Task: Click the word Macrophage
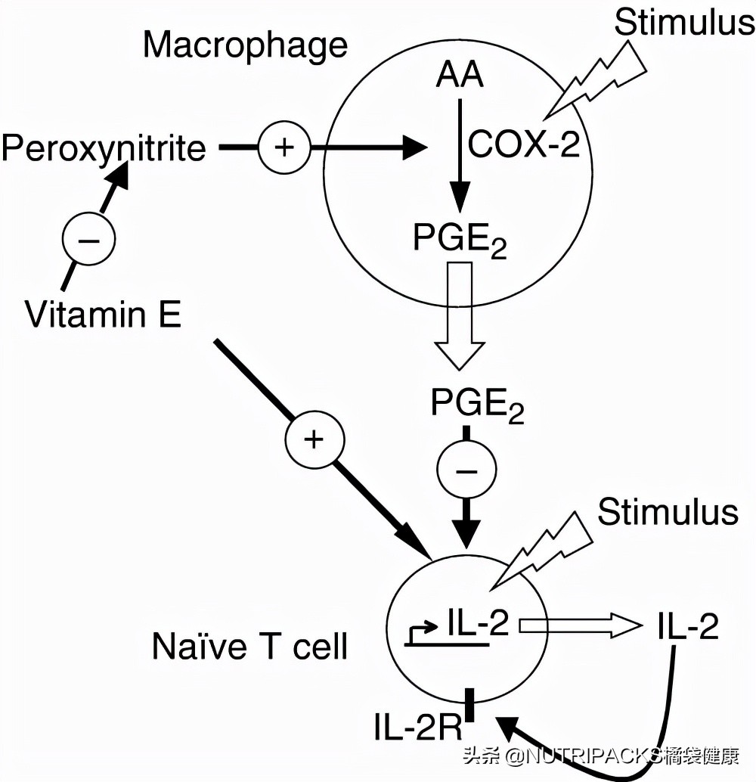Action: coord(245,45)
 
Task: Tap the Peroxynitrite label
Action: coord(104,148)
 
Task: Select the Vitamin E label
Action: coord(103,314)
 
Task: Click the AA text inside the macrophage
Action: coord(460,76)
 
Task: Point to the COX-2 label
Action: coord(524,144)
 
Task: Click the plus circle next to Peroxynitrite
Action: coord(284,147)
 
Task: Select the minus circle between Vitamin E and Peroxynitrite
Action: coord(88,240)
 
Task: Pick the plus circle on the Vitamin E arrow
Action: coord(314,439)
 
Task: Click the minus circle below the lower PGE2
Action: coord(466,471)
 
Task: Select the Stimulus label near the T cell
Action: coord(668,512)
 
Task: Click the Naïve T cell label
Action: coord(249,647)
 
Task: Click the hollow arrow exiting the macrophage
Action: coord(460,318)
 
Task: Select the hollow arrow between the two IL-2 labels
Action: coord(578,625)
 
